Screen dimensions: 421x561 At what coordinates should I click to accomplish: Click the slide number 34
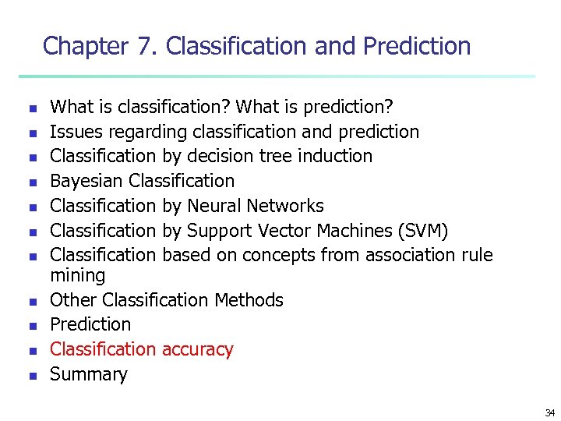pyautogui.click(x=550, y=412)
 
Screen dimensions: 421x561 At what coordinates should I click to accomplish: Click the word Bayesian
pyautogui.click(x=87, y=181)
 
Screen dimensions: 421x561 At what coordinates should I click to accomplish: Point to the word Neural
pyautogui.click(x=214, y=206)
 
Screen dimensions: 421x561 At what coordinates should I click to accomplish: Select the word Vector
pyautogui.click(x=289, y=231)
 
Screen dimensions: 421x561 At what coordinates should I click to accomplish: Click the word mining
pyautogui.click(x=77, y=275)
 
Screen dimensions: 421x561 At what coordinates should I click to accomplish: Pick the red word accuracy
pyautogui.click(x=197, y=349)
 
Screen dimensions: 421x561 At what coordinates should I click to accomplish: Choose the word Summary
pyautogui.click(x=88, y=374)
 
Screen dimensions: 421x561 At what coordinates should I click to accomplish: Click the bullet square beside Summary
pyautogui.click(x=32, y=376)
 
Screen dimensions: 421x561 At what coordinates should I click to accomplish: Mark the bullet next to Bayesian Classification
pyautogui.click(x=32, y=182)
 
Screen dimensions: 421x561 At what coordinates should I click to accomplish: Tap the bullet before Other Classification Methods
pyautogui.click(x=32, y=301)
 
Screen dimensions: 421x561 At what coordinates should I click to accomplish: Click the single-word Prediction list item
pyautogui.click(x=90, y=324)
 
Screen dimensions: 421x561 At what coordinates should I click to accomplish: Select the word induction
pyautogui.click(x=338, y=156)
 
